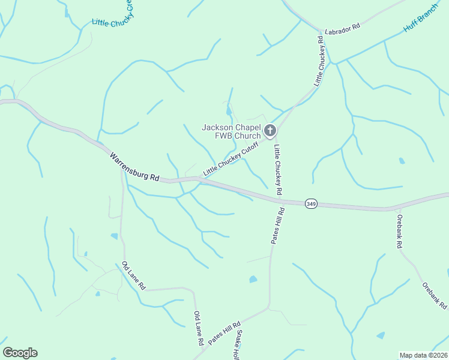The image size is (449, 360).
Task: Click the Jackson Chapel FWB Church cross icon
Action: (x=270, y=130)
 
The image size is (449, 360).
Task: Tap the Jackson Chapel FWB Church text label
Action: (x=231, y=131)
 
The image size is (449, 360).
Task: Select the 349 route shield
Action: (x=310, y=204)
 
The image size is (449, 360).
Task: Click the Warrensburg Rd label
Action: (x=135, y=167)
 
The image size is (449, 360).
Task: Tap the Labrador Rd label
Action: (x=342, y=28)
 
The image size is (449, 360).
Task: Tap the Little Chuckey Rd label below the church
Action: (x=278, y=169)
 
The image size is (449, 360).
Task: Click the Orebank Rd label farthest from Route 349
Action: (x=433, y=296)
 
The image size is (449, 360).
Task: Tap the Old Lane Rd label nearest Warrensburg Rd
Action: (x=133, y=275)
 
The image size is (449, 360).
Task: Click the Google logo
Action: (x=20, y=353)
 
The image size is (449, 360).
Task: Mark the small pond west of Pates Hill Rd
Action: (x=253, y=279)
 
